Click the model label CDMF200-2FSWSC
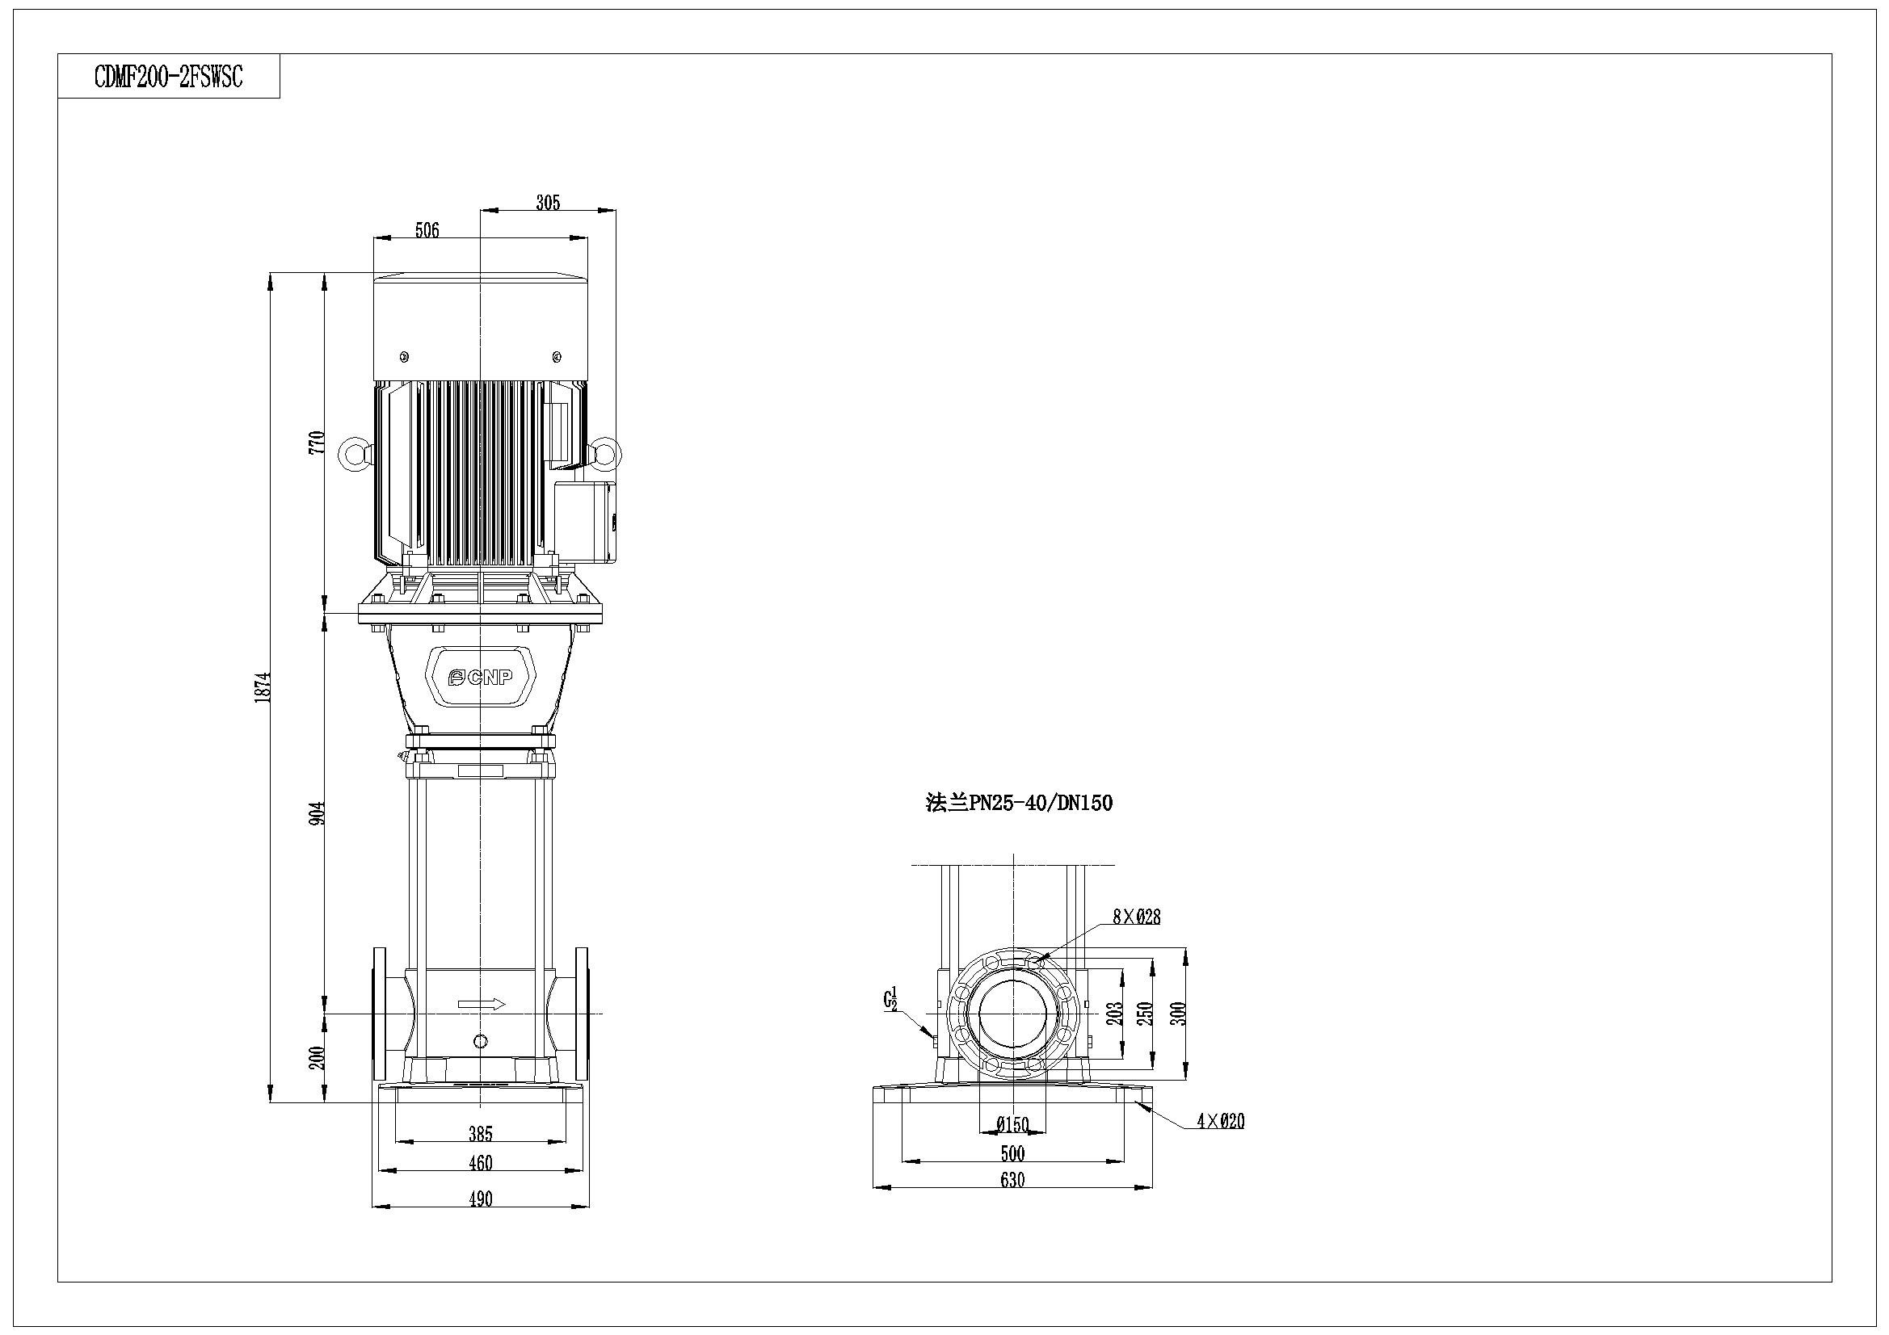169,78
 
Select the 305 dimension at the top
548,203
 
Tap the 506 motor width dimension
427,230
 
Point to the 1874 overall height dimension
263,686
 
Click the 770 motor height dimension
317,443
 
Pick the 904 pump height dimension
317,813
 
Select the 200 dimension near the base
317,1058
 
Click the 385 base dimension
481,1134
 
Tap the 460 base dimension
481,1163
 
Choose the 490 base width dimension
481,1199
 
